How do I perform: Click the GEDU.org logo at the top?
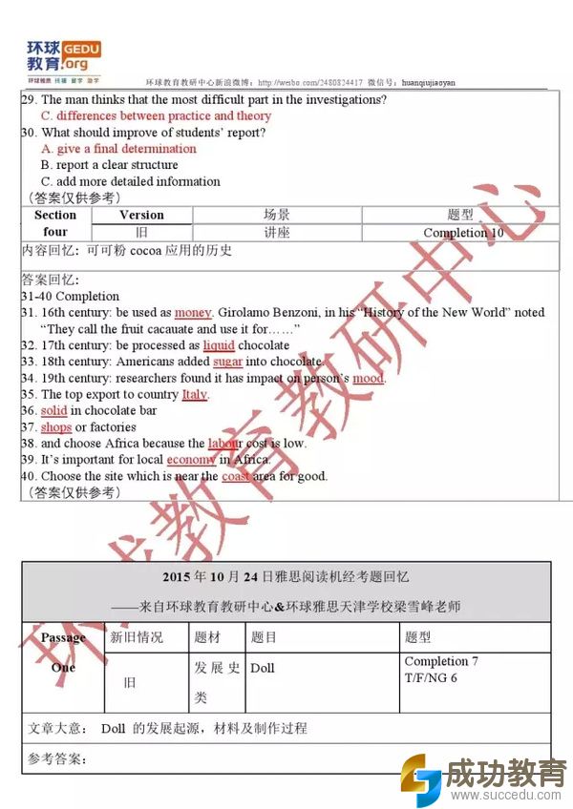click(63, 57)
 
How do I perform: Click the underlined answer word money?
click(193, 312)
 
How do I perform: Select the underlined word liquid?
click(219, 345)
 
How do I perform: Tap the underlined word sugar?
click(227, 362)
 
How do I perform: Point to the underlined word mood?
click(368, 378)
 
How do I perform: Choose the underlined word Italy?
click(195, 394)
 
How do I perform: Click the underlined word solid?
click(53, 410)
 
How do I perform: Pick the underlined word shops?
click(55, 427)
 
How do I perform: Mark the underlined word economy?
click(191, 460)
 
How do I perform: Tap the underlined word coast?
click(236, 476)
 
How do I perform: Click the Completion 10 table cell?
click(463, 233)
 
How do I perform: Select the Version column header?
click(141, 215)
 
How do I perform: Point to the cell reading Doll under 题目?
click(263, 668)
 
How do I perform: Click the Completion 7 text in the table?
click(441, 661)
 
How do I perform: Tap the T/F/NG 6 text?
click(431, 677)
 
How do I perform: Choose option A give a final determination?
click(118, 149)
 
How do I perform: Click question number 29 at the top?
click(29, 99)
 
